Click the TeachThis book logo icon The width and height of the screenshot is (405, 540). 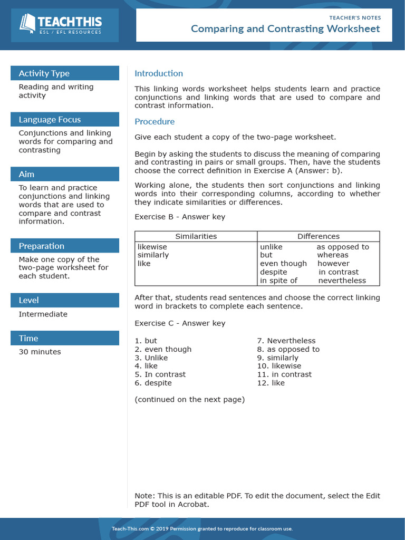coord(27,23)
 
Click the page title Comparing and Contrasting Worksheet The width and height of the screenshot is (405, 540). coord(285,28)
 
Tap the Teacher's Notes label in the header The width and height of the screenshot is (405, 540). coord(355,17)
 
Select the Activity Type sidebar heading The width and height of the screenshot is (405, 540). coord(44,73)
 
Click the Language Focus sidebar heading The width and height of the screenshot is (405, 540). coord(50,119)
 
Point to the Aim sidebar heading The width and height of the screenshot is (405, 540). coord(26,174)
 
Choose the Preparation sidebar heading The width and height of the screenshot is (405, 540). coord(42,246)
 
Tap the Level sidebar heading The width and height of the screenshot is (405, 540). coord(29,300)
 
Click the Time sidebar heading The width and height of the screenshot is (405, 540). coord(28,338)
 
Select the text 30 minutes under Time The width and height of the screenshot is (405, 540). coord(40,352)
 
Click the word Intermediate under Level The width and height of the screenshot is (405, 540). coord(43,314)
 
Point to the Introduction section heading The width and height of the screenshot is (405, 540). coord(159,73)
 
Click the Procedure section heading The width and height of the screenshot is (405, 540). coord(155,121)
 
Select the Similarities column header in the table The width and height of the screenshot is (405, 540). coord(196,236)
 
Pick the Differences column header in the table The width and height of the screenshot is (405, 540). coord(319,236)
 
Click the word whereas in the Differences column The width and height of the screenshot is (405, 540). coord(333,255)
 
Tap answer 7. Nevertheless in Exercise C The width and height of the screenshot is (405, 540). coord(286,341)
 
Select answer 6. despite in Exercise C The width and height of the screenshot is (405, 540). coord(153,383)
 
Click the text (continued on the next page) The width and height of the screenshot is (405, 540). coord(190,399)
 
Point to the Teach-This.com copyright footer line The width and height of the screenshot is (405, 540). coord(202,528)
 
